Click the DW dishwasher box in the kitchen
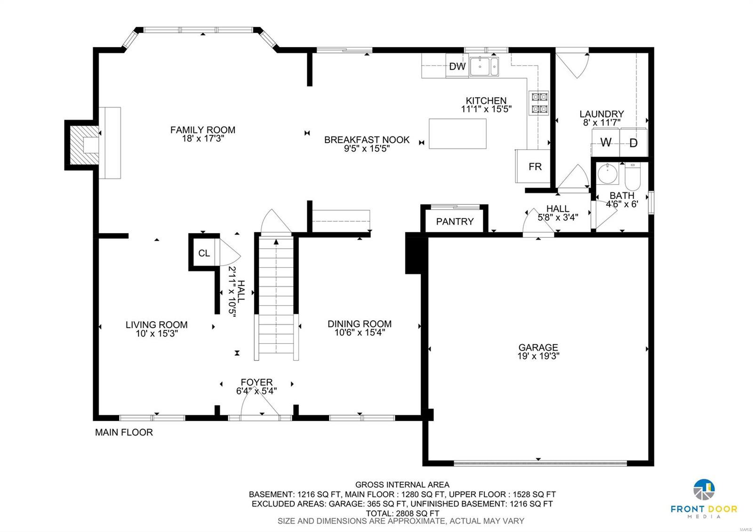pos(457,66)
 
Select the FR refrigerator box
pos(535,167)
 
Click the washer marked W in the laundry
pos(606,142)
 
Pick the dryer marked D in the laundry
pos(633,143)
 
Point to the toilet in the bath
pos(633,175)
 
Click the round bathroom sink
pos(608,174)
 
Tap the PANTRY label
pos(455,222)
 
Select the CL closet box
pos(204,253)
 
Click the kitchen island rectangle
pos(457,134)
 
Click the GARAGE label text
pos(538,347)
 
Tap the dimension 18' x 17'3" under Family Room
pos(202,139)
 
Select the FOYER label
pos(256,382)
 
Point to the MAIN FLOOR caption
pos(124,432)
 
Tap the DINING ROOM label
pos(360,324)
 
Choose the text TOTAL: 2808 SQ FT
pos(402,513)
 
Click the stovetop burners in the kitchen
pos(539,103)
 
